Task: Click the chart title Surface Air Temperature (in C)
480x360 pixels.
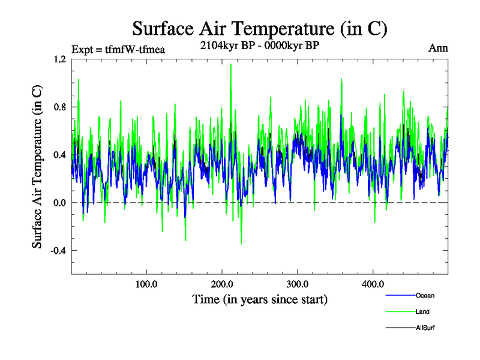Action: coord(260,28)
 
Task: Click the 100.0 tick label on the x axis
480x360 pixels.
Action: coord(146,284)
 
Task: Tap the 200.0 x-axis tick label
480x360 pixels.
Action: coord(222,284)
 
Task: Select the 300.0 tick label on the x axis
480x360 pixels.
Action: coord(298,284)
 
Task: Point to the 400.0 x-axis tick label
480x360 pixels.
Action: coord(373,284)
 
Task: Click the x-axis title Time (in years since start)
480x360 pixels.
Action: coord(260,299)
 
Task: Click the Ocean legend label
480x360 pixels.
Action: coord(425,295)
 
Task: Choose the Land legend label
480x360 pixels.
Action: coord(422,311)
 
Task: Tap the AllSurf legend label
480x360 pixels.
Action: coord(425,328)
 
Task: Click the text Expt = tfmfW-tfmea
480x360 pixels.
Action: coord(118,49)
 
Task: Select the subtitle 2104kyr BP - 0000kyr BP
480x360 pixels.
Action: coord(260,44)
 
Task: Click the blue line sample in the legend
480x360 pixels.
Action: coord(400,295)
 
